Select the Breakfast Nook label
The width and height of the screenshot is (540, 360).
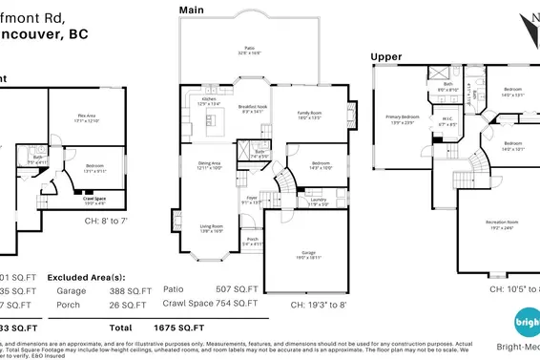click(252, 110)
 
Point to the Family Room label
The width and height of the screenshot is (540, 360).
click(312, 114)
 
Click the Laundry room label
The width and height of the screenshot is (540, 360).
click(318, 201)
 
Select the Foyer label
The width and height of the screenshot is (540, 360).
click(250, 201)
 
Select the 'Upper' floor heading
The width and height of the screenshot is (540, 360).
click(386, 56)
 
